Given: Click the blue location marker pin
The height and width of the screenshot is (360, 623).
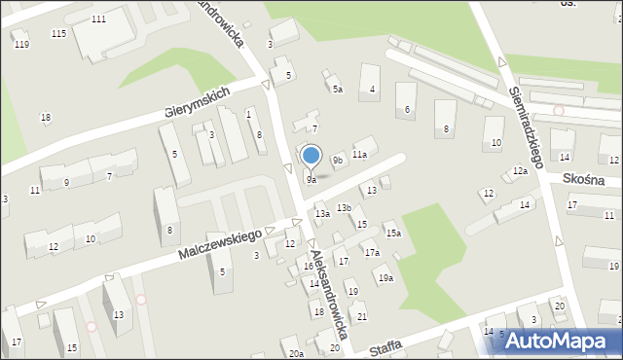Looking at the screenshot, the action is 311,156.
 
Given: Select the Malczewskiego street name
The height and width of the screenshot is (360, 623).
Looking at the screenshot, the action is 221,244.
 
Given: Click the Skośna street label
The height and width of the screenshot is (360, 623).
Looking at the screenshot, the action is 583,180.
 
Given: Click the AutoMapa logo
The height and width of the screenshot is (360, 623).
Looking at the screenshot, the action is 556,341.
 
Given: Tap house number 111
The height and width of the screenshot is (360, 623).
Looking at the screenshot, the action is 98,19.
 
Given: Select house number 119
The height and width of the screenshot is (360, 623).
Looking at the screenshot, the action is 21,45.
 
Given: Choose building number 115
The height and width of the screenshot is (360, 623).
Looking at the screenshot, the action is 58,34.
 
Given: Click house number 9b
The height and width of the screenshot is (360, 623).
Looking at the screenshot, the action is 337,160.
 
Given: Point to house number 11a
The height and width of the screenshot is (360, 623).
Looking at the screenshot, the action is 359,155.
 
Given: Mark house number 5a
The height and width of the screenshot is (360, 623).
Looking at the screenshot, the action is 337,90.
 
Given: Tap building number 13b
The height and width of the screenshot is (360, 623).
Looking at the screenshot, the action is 344,207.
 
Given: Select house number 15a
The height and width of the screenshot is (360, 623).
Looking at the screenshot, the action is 392,234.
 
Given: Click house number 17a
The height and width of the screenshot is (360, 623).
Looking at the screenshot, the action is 372,253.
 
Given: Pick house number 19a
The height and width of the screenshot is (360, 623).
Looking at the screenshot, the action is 385,278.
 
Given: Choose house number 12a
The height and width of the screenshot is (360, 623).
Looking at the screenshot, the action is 520,171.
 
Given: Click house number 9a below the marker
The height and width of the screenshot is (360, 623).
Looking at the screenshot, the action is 311,180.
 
